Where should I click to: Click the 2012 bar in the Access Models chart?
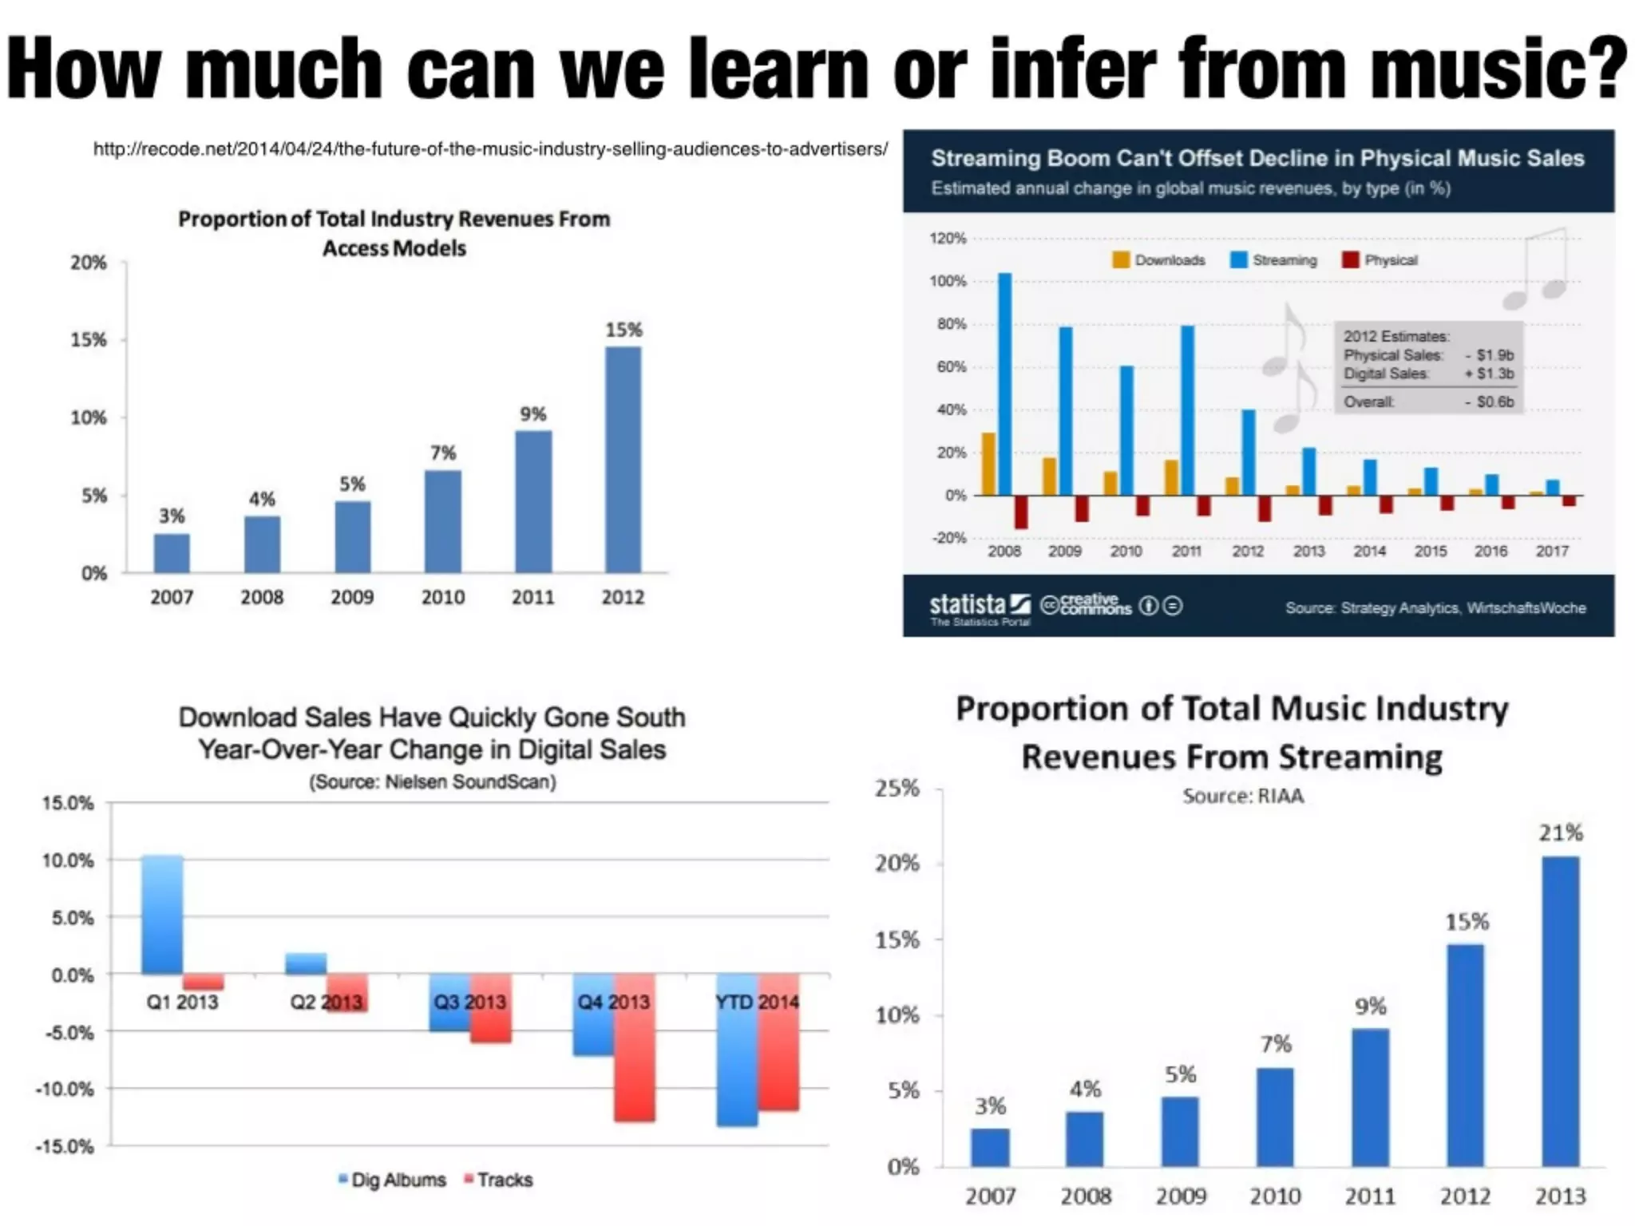tap(623, 460)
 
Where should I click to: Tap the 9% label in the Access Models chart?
tap(532, 414)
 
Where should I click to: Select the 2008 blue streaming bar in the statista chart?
tap(1005, 384)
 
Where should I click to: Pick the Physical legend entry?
tap(1380, 260)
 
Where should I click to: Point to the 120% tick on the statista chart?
tap(948, 239)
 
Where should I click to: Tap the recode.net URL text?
tap(490, 149)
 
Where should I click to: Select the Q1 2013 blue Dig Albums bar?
tap(162, 915)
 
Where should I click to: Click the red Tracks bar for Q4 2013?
tap(635, 1047)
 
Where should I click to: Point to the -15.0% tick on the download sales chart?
tap(65, 1147)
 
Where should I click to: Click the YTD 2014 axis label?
tap(757, 1002)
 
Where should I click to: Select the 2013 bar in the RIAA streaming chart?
tap(1560, 1011)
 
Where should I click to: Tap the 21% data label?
tap(1561, 832)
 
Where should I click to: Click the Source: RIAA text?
tap(1243, 796)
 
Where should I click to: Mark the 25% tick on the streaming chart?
tap(897, 789)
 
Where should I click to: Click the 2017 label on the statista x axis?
tap(1552, 551)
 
